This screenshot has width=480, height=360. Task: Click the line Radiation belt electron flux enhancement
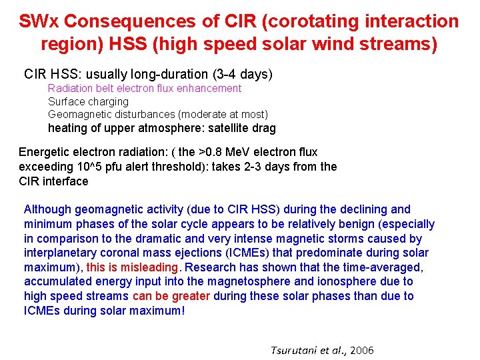(145, 88)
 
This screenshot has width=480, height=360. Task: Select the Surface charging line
(88, 101)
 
